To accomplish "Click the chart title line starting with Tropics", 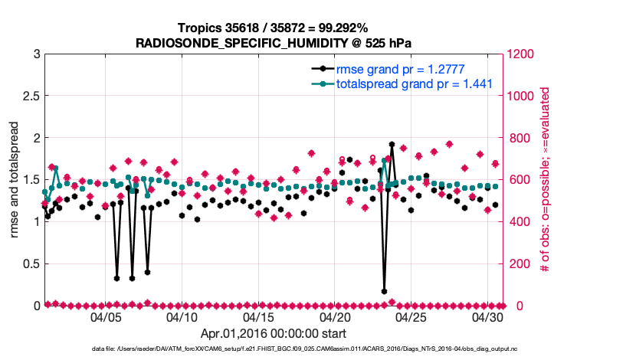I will point(274,28).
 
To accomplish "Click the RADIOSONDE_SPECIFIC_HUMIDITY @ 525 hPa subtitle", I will point(274,42).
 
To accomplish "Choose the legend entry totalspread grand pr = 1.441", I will point(414,83).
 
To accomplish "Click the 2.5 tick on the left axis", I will point(31,96).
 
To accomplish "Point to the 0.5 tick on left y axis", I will point(31,263).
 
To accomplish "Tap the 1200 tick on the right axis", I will point(523,54).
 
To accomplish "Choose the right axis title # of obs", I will point(545,179).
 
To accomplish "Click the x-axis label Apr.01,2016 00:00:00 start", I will point(274,334).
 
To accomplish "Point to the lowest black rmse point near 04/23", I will point(384,291).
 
